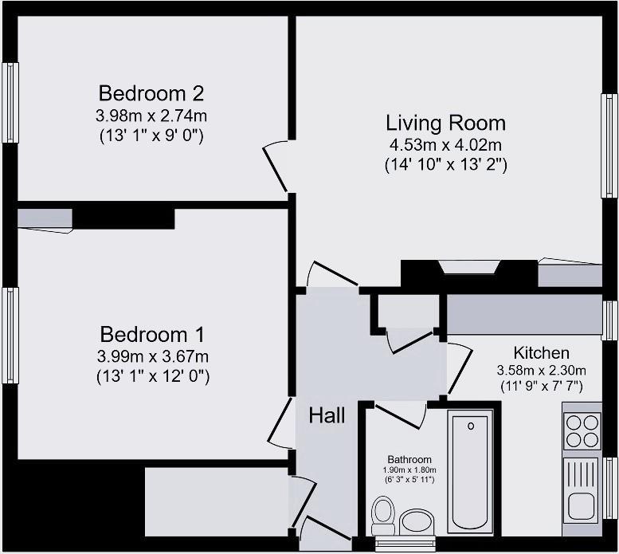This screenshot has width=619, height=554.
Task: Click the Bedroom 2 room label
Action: point(151,93)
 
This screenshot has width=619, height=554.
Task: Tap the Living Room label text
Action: point(445,123)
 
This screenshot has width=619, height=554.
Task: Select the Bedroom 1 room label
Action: point(152,334)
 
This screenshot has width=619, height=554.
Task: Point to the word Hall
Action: point(327,415)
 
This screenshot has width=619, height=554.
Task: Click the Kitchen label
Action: point(541,352)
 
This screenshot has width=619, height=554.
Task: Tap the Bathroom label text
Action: point(409,459)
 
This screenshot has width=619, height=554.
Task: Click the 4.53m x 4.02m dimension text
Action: point(445,145)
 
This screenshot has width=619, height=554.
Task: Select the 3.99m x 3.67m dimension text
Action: point(153,356)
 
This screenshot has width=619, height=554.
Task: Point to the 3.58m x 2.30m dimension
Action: point(541,371)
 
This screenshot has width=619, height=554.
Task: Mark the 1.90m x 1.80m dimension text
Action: point(409,470)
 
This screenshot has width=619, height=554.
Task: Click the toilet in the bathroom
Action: point(383,515)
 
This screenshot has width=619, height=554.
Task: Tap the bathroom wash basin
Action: point(417,522)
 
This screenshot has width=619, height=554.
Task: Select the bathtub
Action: point(470,472)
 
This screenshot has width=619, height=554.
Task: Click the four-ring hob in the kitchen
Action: point(582,430)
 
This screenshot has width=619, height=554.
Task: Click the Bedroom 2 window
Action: point(10,102)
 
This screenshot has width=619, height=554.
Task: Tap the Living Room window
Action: point(609,145)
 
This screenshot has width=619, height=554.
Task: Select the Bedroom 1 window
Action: point(10,336)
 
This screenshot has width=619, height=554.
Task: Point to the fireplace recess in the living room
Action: point(469,267)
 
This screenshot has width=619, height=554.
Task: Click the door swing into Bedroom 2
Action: point(275,166)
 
